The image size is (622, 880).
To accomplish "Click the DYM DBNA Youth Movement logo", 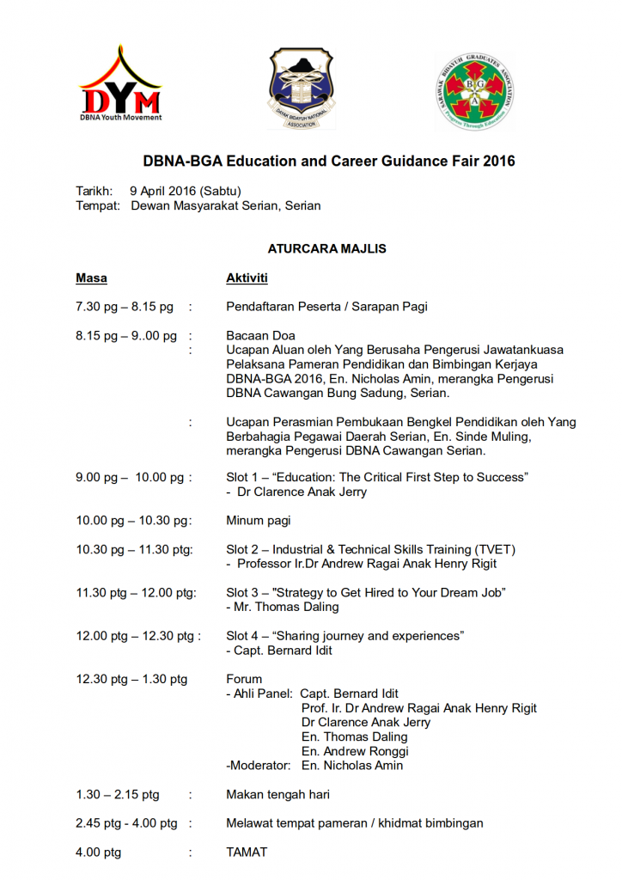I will [120, 84].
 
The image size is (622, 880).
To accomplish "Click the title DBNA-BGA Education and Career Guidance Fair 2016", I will [328, 161].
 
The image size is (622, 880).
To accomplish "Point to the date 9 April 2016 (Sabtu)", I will [185, 191].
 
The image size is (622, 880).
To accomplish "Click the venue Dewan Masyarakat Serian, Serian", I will [225, 205].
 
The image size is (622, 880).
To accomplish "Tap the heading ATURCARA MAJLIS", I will [326, 249].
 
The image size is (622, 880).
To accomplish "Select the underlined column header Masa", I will [91, 278].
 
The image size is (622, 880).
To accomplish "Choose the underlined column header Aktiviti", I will [247, 278].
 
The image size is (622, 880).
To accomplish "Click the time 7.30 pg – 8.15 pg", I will [125, 307].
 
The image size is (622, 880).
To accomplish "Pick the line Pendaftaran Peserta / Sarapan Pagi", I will [326, 307].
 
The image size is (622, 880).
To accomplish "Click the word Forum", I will [244, 679].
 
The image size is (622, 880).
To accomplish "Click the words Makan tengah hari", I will [277, 795].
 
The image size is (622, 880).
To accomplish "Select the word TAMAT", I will [247, 852].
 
